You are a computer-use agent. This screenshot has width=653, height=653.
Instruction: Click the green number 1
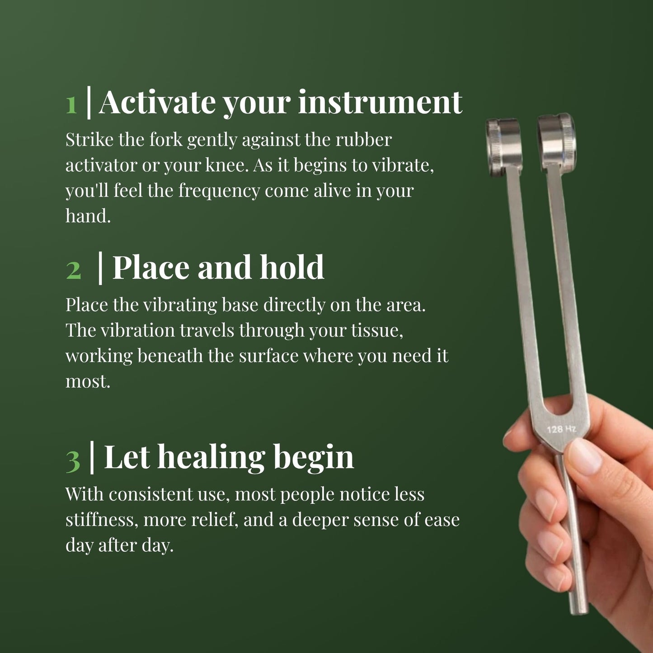[x=71, y=104]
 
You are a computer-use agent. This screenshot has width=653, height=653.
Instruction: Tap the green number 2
[x=73, y=270]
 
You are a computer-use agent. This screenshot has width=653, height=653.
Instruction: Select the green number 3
[x=73, y=460]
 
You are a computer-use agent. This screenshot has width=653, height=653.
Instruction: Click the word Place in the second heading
[x=150, y=268]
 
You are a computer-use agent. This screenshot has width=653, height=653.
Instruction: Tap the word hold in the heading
[x=292, y=268]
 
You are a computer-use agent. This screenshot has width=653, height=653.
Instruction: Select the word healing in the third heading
[x=211, y=458]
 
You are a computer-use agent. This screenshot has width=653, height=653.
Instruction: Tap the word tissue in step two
[x=377, y=330]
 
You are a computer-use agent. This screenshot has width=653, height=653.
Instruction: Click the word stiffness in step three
[x=101, y=520]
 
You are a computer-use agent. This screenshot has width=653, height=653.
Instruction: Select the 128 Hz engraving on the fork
[x=561, y=428]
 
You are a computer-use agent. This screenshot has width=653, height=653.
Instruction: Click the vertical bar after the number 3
[x=92, y=458]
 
